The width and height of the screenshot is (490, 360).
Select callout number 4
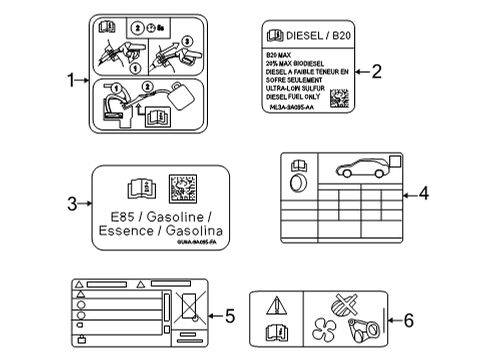coord(422,193)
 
